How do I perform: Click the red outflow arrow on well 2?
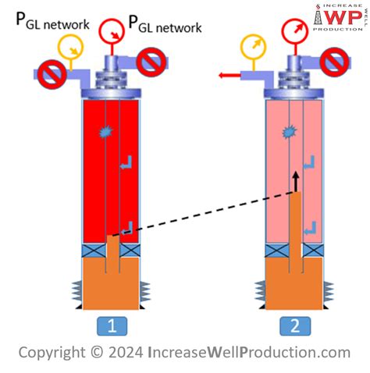click(x=229, y=76)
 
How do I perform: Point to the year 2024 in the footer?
click(x=121, y=353)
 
